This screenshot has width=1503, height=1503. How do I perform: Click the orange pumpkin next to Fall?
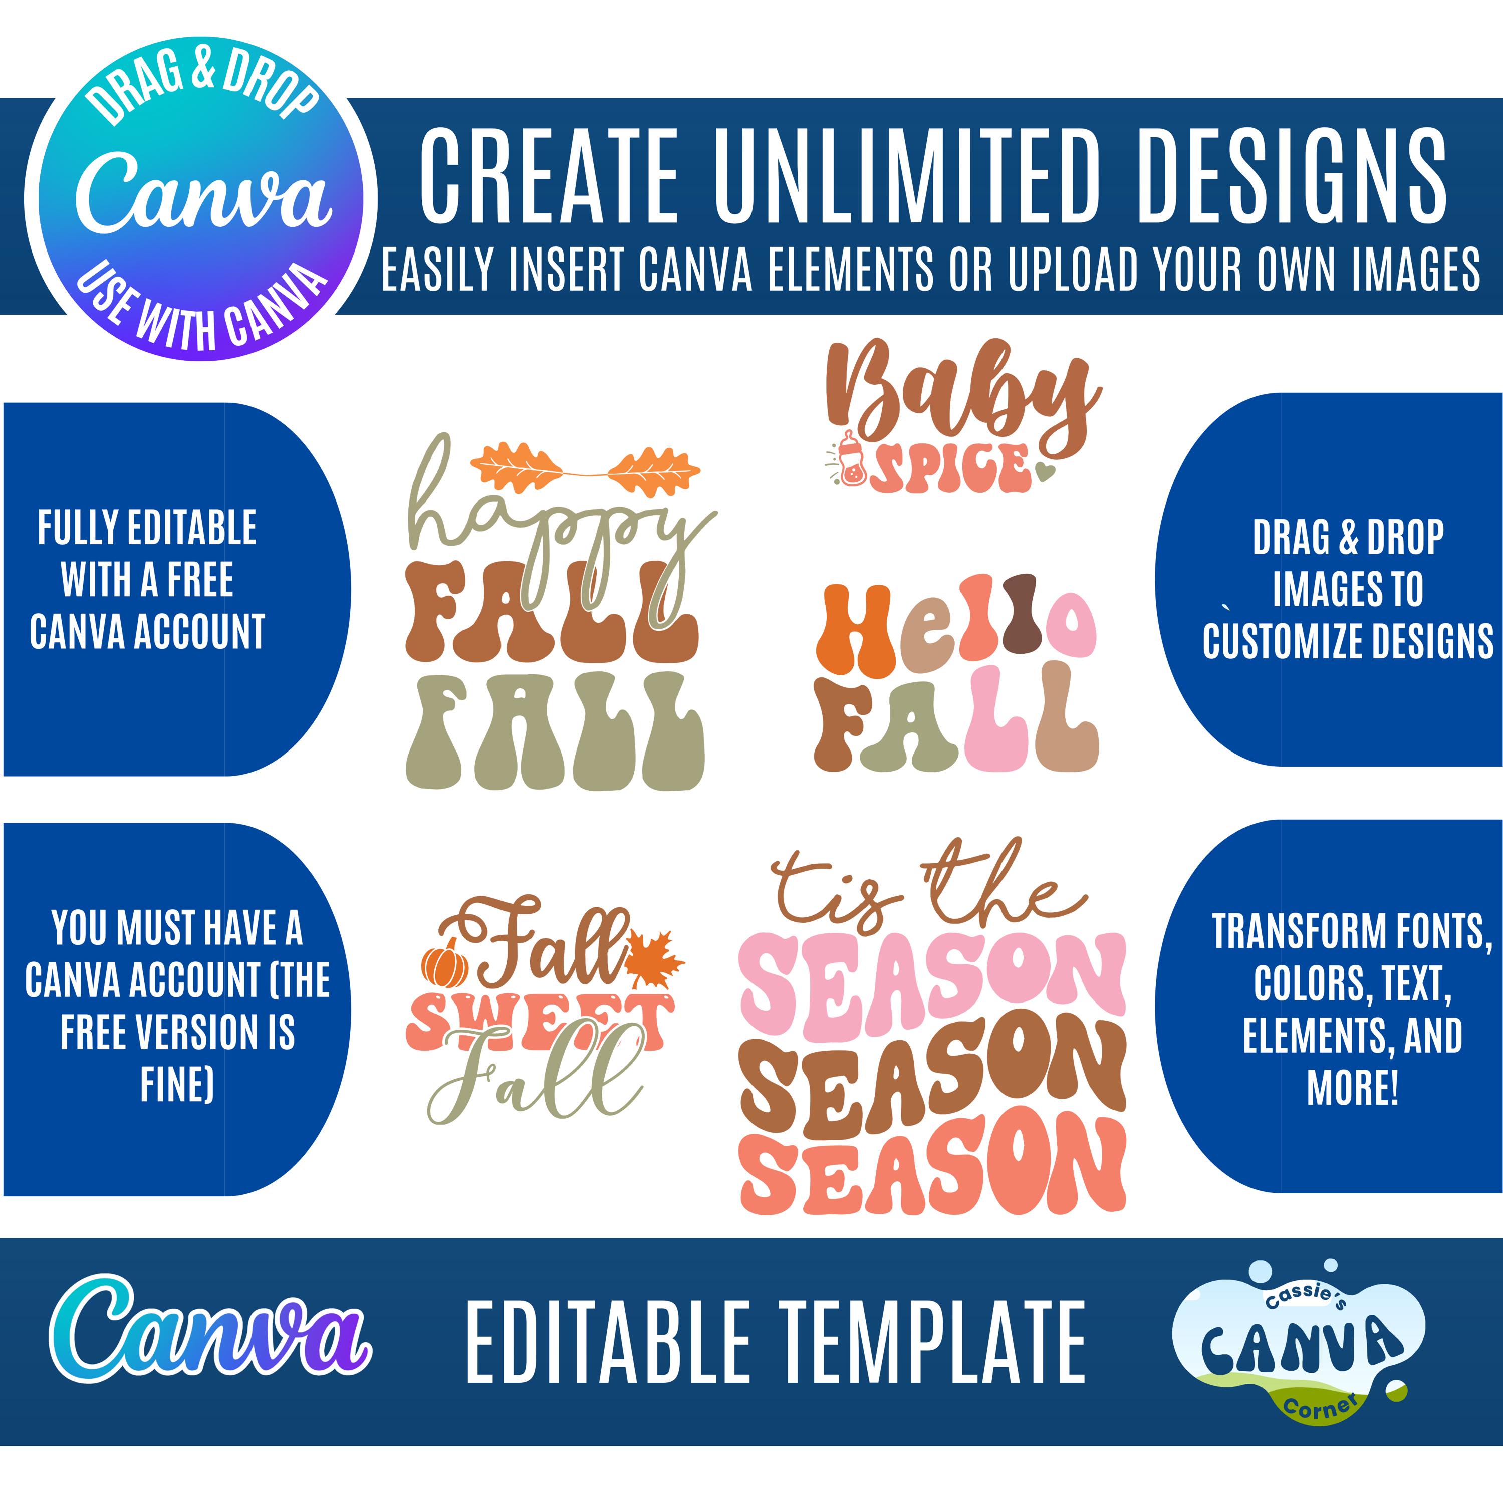click(445, 966)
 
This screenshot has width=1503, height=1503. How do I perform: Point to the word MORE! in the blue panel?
click(1352, 1088)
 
